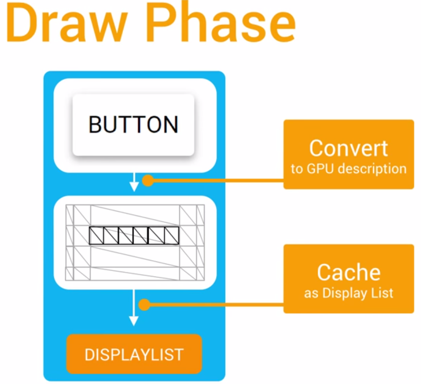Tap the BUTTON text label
133,125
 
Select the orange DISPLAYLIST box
134,354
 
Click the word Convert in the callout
348,148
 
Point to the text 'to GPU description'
349,169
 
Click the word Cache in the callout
349,273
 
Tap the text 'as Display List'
349,293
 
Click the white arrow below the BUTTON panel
134,182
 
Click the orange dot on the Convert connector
147,181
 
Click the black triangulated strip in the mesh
134,235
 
